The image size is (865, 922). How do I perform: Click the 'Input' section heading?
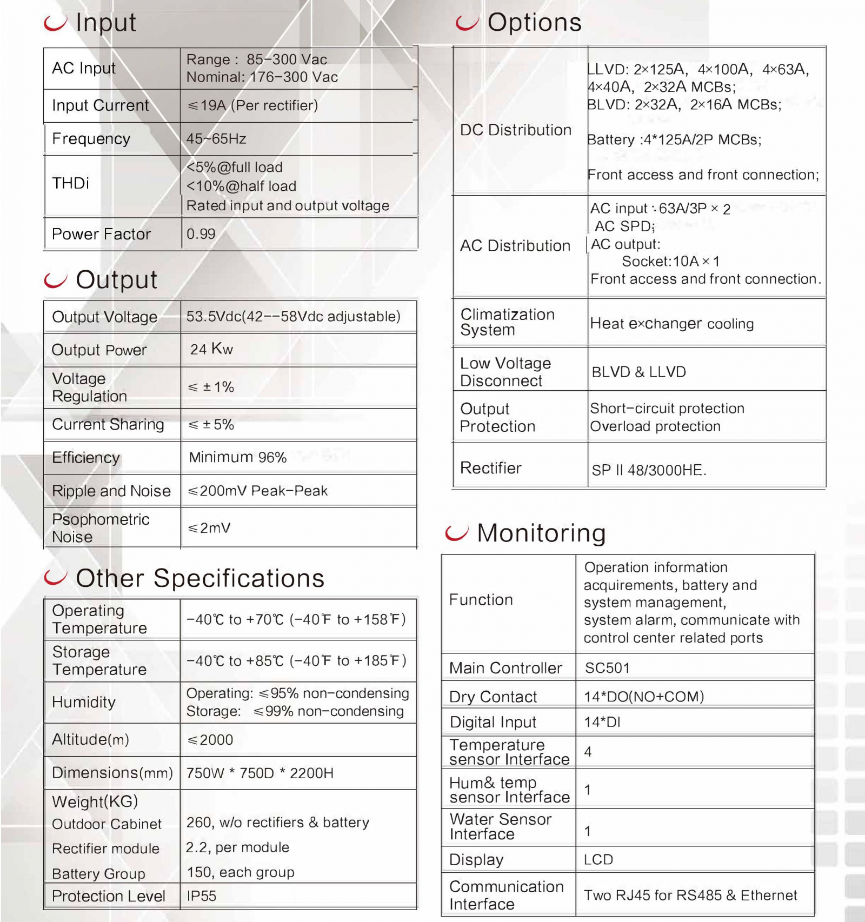pos(105,23)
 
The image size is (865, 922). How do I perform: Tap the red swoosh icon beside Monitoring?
pos(456,533)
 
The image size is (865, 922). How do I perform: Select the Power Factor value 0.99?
pos(201,234)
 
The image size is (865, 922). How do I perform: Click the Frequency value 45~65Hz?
pos(216,139)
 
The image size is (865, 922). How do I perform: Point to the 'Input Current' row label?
pos(100,105)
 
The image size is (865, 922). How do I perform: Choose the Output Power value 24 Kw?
pos(211,349)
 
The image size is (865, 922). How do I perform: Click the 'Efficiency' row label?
pos(85,458)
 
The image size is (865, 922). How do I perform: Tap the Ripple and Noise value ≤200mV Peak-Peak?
pos(257,491)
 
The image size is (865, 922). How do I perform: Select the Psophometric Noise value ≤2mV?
pos(209,528)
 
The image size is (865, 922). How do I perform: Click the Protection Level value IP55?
pos(201,896)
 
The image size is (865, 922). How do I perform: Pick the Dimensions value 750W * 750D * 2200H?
pos(259,773)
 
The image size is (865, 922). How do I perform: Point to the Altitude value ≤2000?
pos(210,740)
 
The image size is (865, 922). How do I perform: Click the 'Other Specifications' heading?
pos(200,578)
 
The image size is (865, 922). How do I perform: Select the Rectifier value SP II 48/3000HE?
pos(649,470)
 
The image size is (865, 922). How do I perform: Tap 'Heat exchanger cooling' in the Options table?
pos(671,324)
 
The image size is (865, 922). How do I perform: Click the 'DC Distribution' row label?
pos(515,130)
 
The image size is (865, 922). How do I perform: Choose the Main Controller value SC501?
pos(607,668)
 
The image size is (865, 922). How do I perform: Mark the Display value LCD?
pos(598,860)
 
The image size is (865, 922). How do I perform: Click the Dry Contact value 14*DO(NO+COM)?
pos(644,697)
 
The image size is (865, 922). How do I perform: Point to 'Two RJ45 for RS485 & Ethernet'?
pos(690,896)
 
